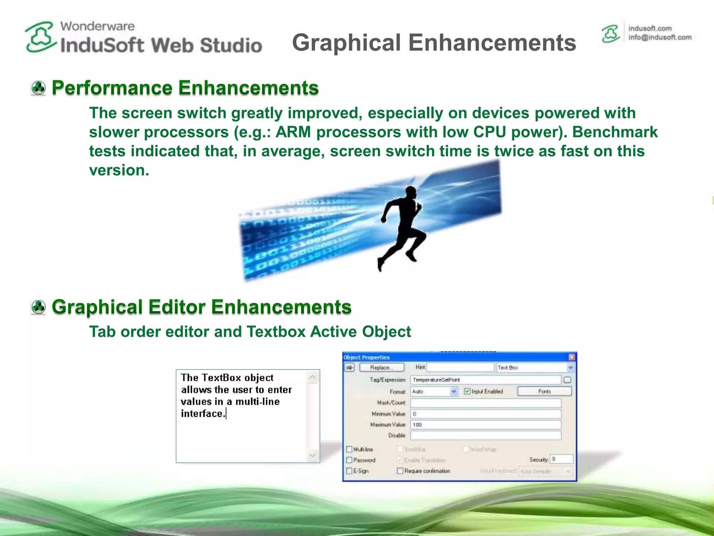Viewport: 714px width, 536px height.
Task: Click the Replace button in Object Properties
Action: [382, 367]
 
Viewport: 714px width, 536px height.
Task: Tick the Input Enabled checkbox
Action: [467, 391]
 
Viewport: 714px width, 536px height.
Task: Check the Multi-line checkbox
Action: [349, 449]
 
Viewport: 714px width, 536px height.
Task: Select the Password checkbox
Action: [349, 460]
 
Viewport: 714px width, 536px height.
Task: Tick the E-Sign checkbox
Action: [349, 471]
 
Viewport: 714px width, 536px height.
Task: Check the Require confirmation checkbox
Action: [400, 471]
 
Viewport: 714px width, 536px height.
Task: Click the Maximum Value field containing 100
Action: [486, 425]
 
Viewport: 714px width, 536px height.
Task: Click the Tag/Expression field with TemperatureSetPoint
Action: [486, 380]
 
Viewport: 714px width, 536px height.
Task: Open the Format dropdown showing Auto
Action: [454, 392]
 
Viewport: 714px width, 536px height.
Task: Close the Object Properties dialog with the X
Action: [572, 357]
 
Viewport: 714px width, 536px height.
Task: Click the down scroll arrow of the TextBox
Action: [312, 455]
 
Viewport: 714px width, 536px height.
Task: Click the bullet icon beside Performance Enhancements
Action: [38, 88]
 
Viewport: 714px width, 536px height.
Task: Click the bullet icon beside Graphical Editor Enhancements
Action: [38, 307]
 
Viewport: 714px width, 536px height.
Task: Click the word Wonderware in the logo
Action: [97, 26]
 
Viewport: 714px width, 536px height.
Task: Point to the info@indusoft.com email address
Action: [660, 37]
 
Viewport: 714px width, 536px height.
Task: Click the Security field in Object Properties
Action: [561, 459]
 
